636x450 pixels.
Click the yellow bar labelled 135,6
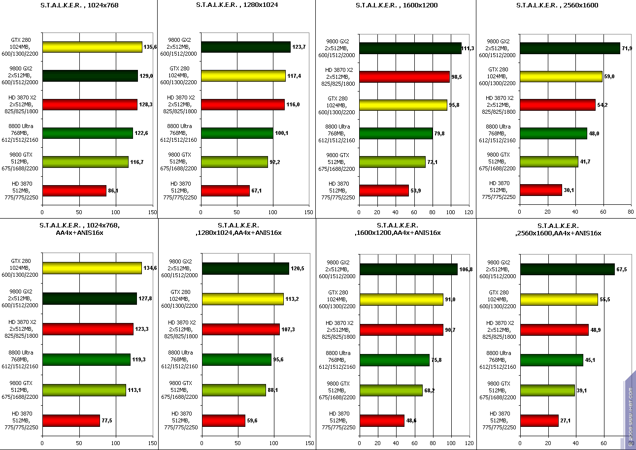pos(92,47)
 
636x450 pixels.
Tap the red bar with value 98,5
pos(404,77)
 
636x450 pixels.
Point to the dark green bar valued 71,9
pos(569,48)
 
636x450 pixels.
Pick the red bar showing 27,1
pos(539,421)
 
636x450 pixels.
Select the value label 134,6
pos(150,268)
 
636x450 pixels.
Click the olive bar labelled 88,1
pos(234,390)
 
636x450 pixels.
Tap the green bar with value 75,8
pos(394,360)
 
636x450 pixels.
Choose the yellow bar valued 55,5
pos(559,299)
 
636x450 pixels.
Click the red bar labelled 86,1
pos(74,191)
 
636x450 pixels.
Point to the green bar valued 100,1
pos(237,133)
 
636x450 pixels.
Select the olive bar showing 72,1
pos(392,162)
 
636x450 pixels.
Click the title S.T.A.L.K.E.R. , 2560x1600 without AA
pos(556,5)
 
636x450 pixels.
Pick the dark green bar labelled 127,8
pos(89,298)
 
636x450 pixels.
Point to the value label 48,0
pos(596,133)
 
